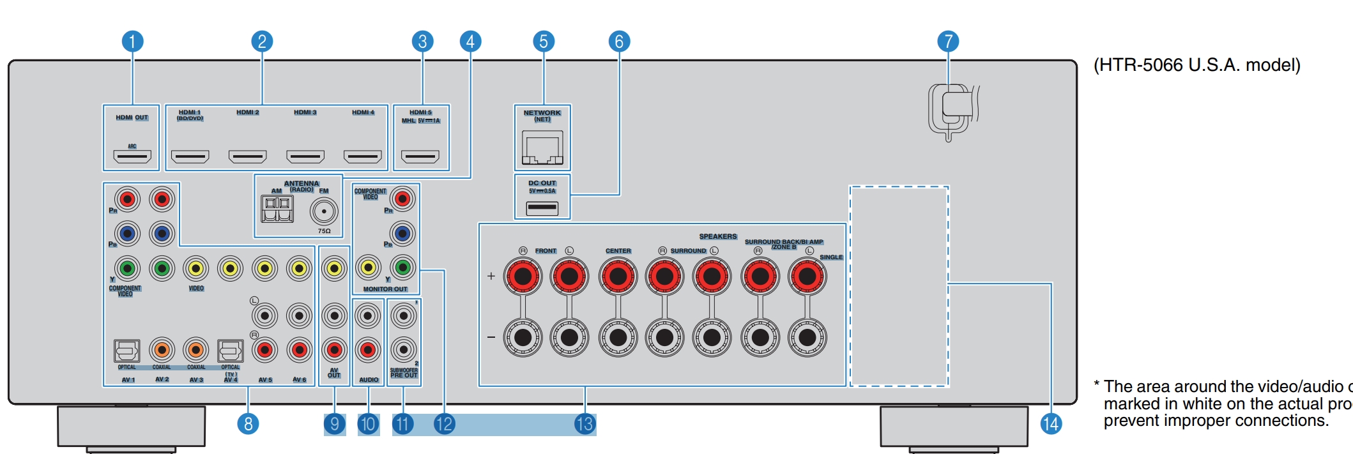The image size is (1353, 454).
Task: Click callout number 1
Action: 132,42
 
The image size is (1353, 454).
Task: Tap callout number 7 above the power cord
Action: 948,42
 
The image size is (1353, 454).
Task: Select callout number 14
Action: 1051,423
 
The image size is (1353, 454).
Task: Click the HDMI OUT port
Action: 132,156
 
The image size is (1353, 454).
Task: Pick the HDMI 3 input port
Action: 305,156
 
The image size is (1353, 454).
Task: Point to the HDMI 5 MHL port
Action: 420,156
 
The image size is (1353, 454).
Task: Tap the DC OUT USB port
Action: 542,208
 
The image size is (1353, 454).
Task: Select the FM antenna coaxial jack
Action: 324,211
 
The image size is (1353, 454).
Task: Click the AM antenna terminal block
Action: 277,209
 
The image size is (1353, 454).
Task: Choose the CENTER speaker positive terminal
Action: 618,276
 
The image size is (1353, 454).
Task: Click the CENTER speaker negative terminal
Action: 618,337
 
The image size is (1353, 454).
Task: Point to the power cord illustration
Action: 952,112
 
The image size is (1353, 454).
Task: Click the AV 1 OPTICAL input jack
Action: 126,351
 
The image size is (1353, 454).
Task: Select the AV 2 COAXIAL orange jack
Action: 162,350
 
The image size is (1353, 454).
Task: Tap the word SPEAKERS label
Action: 717,236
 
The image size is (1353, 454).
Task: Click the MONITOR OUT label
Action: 385,289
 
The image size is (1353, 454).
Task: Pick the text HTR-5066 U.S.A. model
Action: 1196,65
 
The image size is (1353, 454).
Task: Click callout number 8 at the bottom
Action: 248,423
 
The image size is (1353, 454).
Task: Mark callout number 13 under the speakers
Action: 585,424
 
